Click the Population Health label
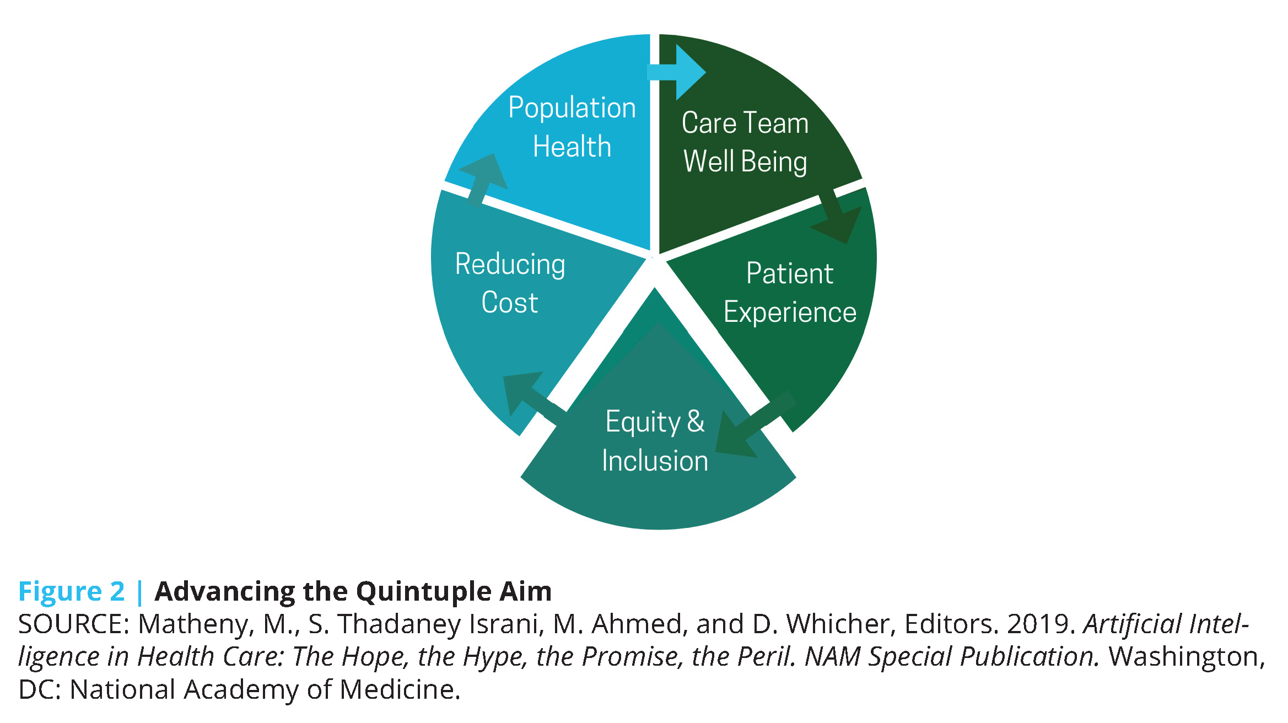572,127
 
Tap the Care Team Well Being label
745,142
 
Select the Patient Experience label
790,293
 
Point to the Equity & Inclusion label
655,441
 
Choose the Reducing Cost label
510,283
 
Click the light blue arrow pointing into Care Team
676,72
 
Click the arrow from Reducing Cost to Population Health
483,180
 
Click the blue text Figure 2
72,591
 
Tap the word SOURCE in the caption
74,624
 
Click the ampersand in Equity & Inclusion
696,422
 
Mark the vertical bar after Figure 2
139,592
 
